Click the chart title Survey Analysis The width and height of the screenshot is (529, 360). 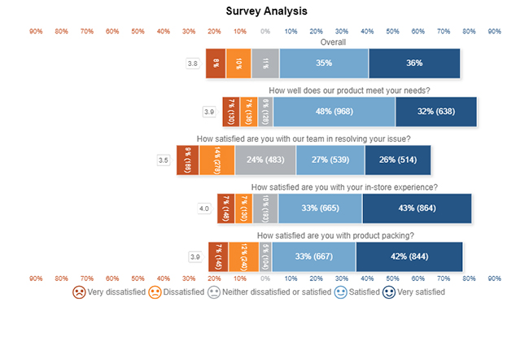266,11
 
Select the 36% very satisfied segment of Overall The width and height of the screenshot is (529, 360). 414,64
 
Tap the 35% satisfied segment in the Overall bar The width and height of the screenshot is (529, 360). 324,64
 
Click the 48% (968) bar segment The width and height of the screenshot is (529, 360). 334,112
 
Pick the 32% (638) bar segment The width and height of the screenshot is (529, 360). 435,112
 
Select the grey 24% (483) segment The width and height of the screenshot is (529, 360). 265,160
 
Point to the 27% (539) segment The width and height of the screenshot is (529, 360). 330,160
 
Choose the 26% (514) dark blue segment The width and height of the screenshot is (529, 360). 397,160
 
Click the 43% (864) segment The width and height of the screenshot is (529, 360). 417,209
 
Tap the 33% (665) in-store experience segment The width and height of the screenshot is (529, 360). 320,209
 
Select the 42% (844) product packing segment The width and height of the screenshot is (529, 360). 409,257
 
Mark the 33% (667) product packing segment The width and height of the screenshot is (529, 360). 313,257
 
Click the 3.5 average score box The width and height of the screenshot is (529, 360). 163,160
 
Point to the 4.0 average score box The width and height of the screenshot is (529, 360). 206,209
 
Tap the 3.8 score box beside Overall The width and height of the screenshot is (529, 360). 193,64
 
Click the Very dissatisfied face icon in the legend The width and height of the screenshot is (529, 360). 78,292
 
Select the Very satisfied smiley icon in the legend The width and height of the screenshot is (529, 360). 389,292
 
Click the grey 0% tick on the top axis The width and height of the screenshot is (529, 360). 264,31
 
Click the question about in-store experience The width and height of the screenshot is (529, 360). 345,187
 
